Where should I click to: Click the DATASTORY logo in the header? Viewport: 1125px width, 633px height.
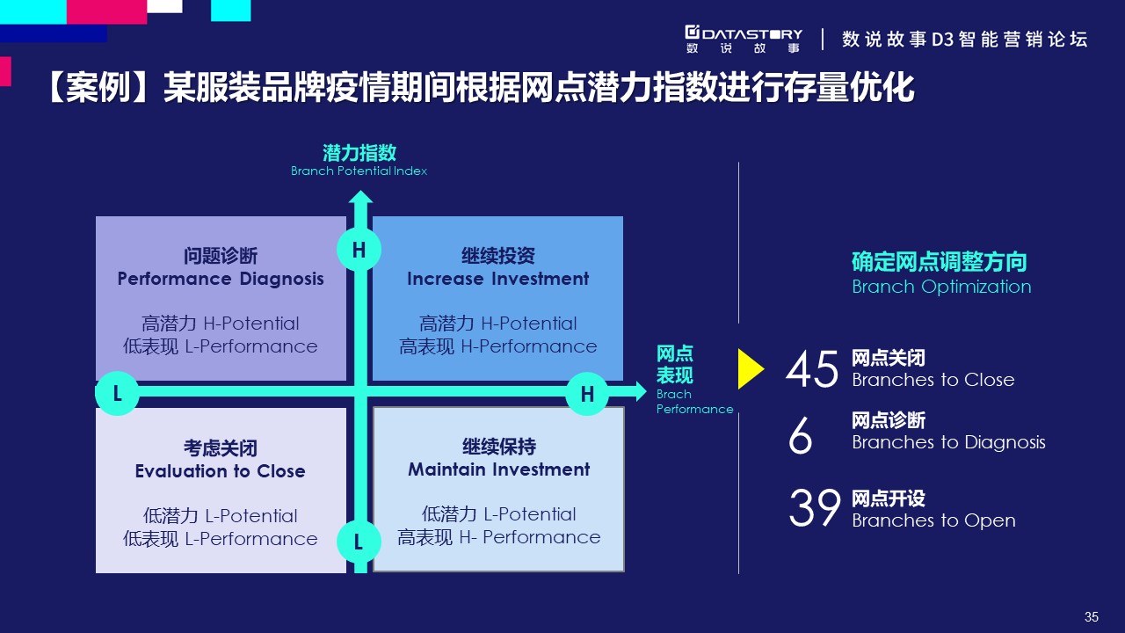[x=744, y=40]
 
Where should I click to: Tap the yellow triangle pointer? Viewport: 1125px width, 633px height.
[x=751, y=369]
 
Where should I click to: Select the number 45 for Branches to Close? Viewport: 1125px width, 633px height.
[x=812, y=369]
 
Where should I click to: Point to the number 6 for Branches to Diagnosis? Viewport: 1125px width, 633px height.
[x=800, y=434]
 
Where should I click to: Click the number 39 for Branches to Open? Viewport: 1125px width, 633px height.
[x=815, y=508]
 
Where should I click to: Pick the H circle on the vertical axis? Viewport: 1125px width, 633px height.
[x=359, y=250]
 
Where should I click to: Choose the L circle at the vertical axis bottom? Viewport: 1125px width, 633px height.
[x=359, y=542]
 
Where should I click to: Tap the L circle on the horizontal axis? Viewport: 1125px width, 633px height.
[x=117, y=393]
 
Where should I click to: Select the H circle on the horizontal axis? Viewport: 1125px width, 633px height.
[x=587, y=393]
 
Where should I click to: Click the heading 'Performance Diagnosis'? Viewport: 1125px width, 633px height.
[x=221, y=279]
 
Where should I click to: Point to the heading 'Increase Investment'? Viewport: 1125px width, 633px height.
[x=497, y=279]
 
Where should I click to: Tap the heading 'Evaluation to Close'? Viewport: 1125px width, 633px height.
[x=220, y=471]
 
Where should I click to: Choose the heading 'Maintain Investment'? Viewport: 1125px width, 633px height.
[x=498, y=469]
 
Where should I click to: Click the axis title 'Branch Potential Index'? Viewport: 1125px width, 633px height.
[x=359, y=171]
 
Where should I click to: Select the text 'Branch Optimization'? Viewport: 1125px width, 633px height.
[x=941, y=287]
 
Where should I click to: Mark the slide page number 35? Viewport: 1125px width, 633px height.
[x=1092, y=616]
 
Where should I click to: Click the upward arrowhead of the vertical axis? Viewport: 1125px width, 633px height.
[x=360, y=198]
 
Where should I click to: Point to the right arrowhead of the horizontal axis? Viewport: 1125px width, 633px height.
[x=641, y=391]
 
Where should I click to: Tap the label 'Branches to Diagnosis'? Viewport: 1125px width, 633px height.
[x=948, y=442]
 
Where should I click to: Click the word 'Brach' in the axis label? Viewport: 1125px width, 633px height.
[x=673, y=395]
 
